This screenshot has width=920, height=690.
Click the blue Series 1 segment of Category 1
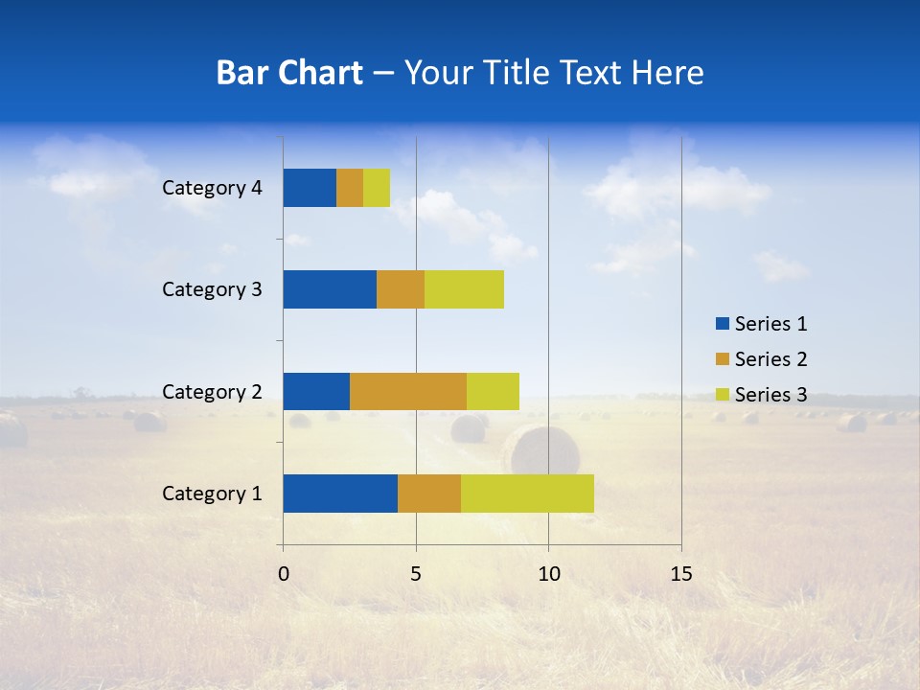[340, 493]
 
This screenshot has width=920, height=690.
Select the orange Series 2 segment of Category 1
[429, 493]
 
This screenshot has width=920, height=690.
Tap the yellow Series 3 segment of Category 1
[527, 493]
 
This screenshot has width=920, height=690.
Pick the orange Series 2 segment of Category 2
[408, 391]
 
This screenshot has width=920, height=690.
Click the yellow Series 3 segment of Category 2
[493, 391]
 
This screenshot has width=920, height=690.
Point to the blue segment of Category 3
[330, 289]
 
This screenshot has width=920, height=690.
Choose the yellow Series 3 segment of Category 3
[464, 289]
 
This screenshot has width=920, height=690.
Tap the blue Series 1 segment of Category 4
[310, 188]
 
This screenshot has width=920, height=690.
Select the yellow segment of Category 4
[377, 188]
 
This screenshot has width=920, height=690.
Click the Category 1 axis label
[212, 494]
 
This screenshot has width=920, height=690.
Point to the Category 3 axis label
[212, 289]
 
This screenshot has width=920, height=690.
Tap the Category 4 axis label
[212, 188]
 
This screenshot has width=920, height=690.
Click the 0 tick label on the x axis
[284, 574]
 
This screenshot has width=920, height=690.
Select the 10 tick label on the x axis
[548, 574]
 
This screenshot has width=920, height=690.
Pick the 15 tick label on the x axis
[681, 574]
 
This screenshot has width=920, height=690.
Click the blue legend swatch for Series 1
[722, 324]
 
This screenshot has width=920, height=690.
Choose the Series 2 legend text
[770, 359]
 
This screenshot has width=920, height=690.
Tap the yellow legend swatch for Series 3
[722, 395]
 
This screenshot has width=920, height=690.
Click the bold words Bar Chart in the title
[289, 73]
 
